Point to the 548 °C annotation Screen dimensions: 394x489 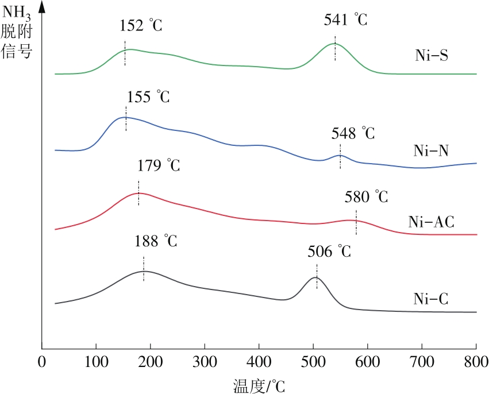coord(353,134)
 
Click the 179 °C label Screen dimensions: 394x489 coord(159,166)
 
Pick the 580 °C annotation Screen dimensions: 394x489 coord(367,197)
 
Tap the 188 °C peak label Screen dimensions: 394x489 coord(156,240)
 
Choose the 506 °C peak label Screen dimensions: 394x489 coord(328,251)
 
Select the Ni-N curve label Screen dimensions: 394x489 coord(431,150)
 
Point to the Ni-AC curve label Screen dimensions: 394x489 coord(431,222)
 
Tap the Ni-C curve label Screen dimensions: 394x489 coord(431,299)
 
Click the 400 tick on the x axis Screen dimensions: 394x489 coord(259,362)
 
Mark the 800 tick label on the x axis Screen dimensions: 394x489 coord(476,362)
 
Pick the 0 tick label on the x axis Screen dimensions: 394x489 coord(41,362)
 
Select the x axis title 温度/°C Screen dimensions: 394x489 coord(259,385)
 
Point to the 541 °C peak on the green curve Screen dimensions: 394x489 coord(334,44)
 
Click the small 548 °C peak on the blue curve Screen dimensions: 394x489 coord(340,156)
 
